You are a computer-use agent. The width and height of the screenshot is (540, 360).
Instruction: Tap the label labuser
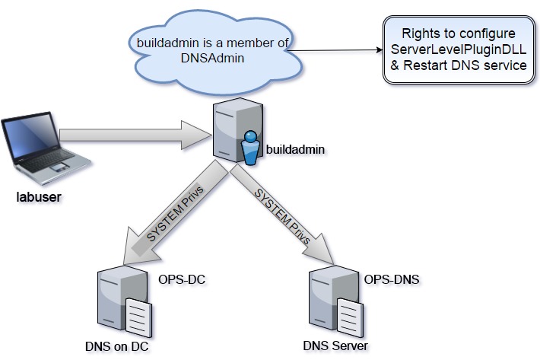pyautogui.click(x=39, y=199)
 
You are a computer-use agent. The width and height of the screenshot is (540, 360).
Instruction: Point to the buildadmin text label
pyautogui.click(x=295, y=149)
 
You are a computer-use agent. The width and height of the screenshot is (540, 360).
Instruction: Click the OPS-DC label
pyautogui.click(x=183, y=279)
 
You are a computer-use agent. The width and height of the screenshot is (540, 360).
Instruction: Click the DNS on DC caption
pyautogui.click(x=116, y=346)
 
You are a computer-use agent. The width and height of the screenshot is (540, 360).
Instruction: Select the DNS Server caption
pyautogui.click(x=335, y=346)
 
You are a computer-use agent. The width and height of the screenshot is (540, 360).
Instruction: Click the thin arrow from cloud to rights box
pyautogui.click(x=335, y=52)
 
